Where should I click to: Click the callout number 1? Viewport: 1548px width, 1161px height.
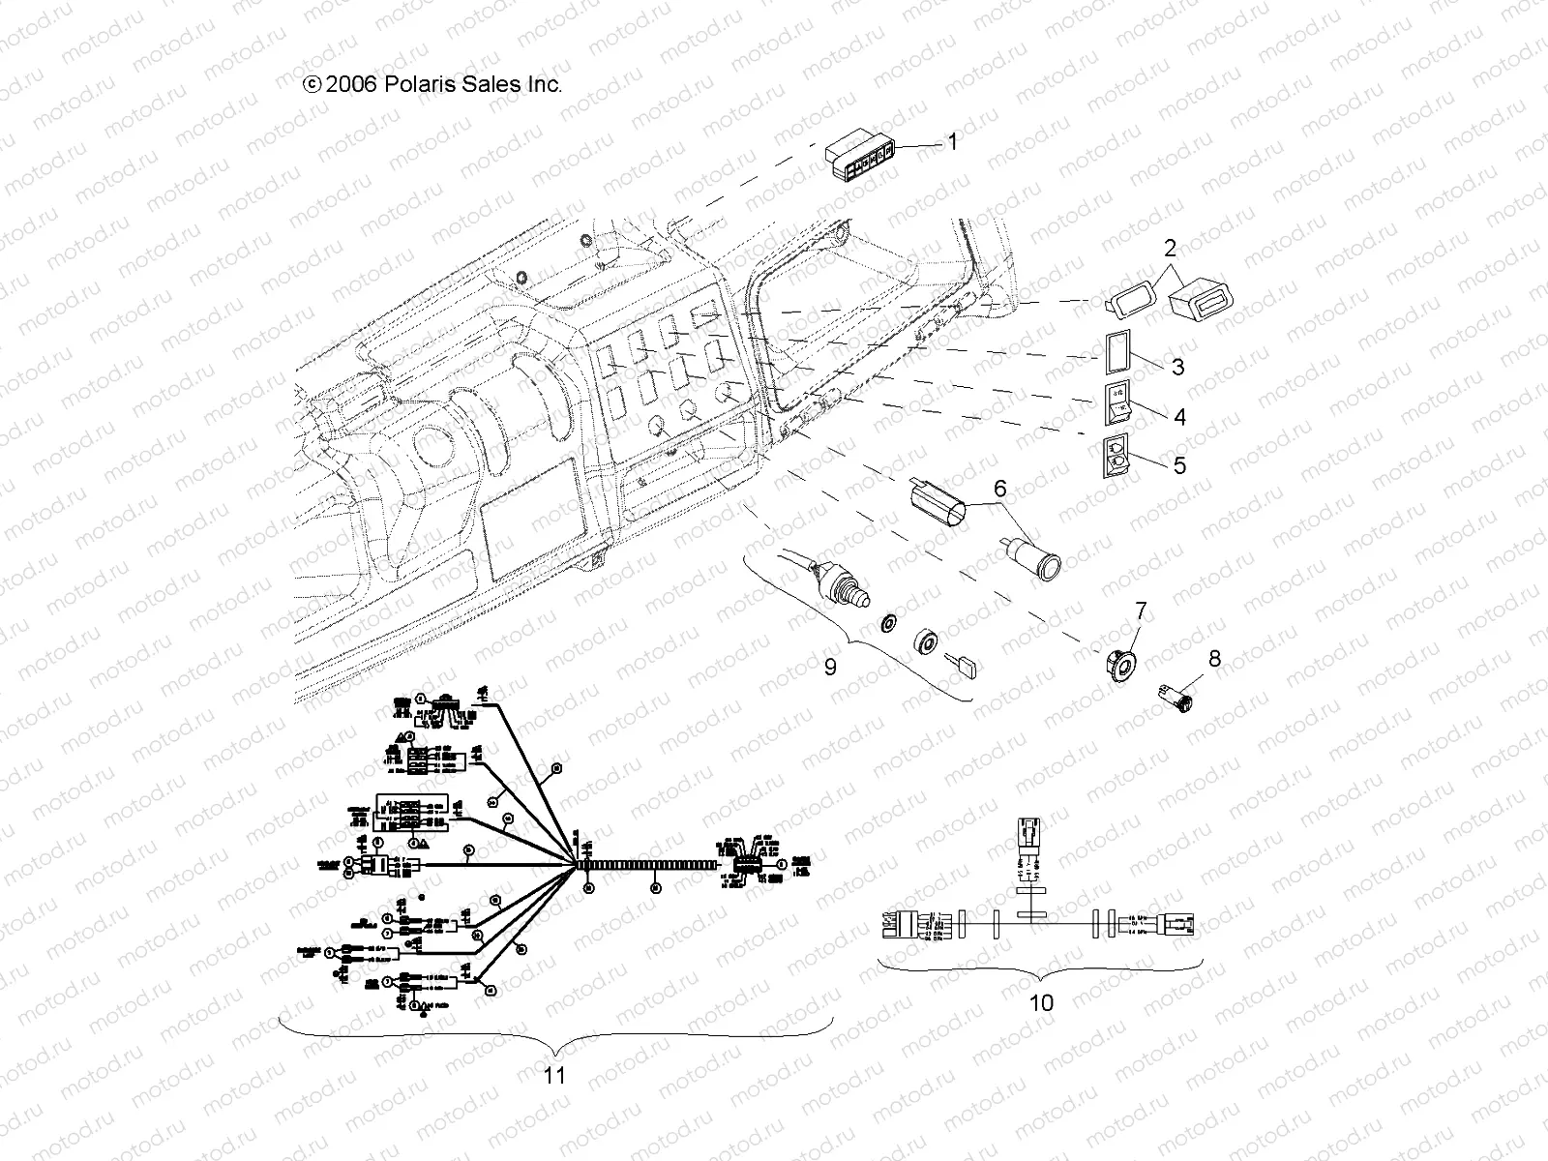coord(952,143)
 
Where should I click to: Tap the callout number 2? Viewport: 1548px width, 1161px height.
coord(1170,249)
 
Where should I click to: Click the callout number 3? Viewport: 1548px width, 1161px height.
coord(1177,368)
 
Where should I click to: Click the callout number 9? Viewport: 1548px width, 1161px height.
coord(830,668)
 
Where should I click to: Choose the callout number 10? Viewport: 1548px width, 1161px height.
coord(1041,1003)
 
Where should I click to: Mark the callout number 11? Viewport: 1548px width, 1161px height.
coord(554,1075)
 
